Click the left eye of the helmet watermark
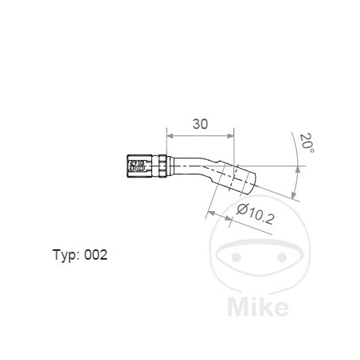(236, 258)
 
